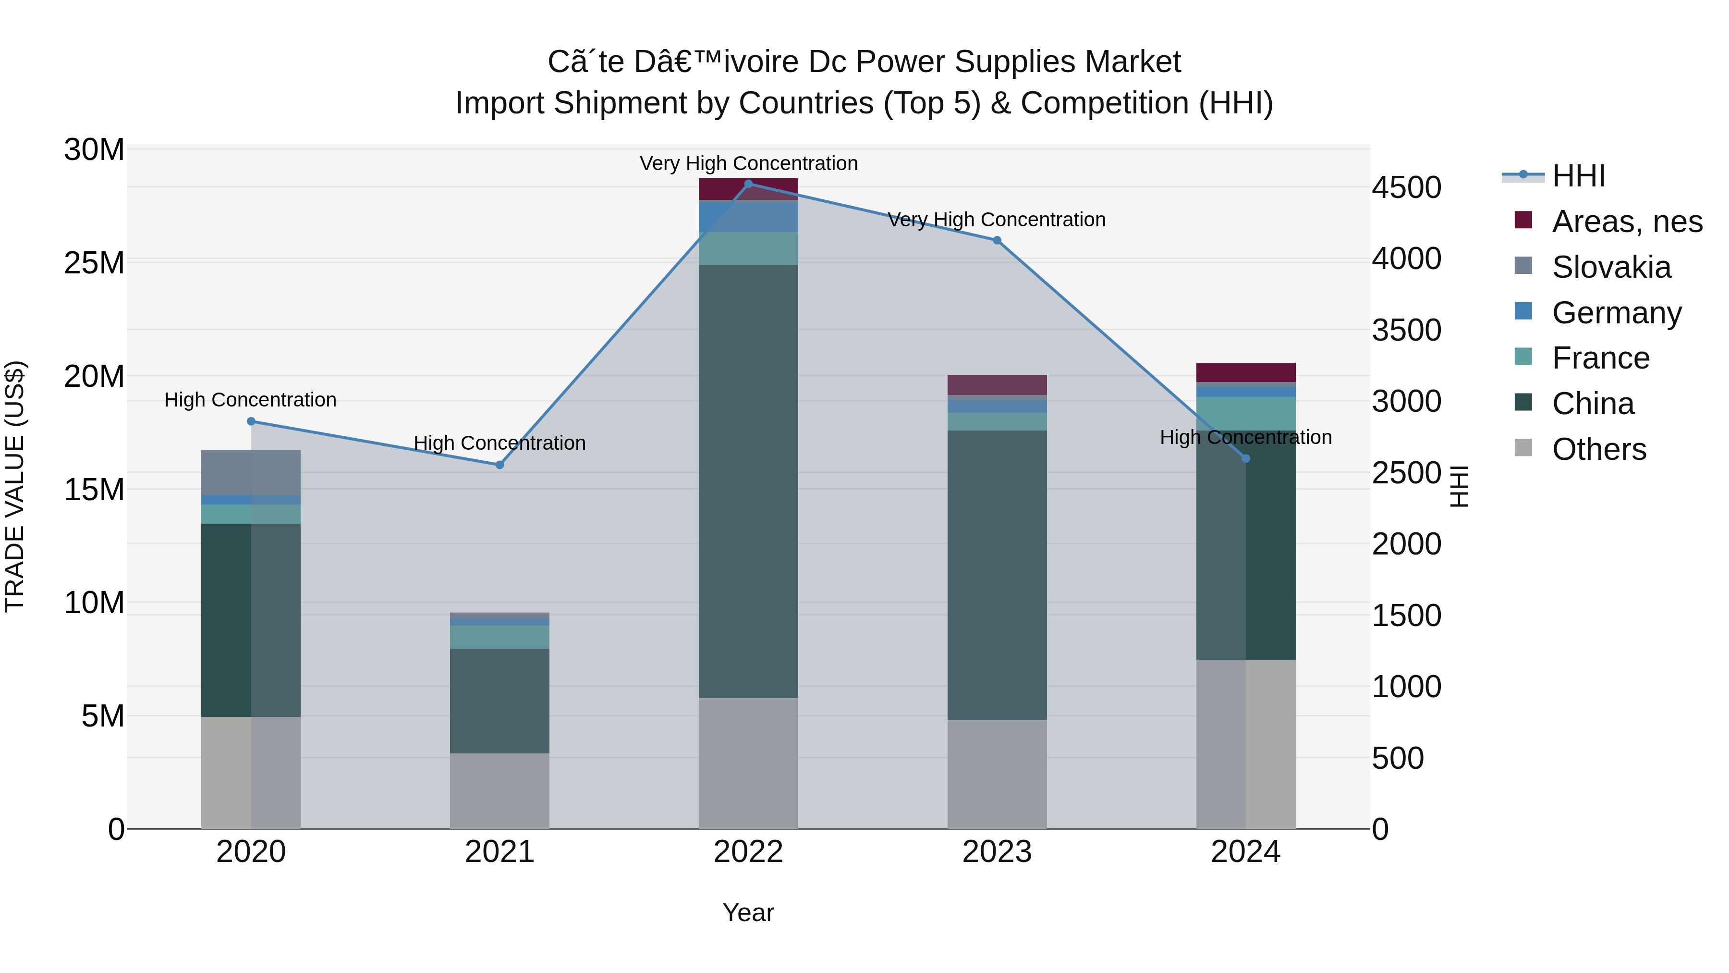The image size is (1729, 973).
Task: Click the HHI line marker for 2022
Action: [x=748, y=184]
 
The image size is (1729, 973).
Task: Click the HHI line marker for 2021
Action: [x=499, y=465]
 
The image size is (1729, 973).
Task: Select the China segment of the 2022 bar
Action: [x=748, y=481]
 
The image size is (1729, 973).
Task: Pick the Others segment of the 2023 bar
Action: [x=997, y=774]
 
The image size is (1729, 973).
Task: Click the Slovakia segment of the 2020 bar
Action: [x=251, y=473]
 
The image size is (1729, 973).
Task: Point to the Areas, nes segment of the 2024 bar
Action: [x=1246, y=372]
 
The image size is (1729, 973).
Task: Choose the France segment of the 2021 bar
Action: [x=499, y=637]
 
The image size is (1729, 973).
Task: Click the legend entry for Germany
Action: [x=1616, y=313]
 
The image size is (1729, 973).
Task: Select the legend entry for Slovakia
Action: [x=1611, y=267]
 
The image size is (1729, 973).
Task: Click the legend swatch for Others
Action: [x=1523, y=448]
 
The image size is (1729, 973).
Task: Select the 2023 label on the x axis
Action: [x=997, y=852]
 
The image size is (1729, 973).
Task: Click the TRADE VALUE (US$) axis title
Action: [x=15, y=486]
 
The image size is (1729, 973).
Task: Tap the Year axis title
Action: [x=748, y=912]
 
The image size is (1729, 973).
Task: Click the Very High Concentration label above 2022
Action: [x=748, y=163]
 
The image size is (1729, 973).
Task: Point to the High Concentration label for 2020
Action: [x=250, y=400]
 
